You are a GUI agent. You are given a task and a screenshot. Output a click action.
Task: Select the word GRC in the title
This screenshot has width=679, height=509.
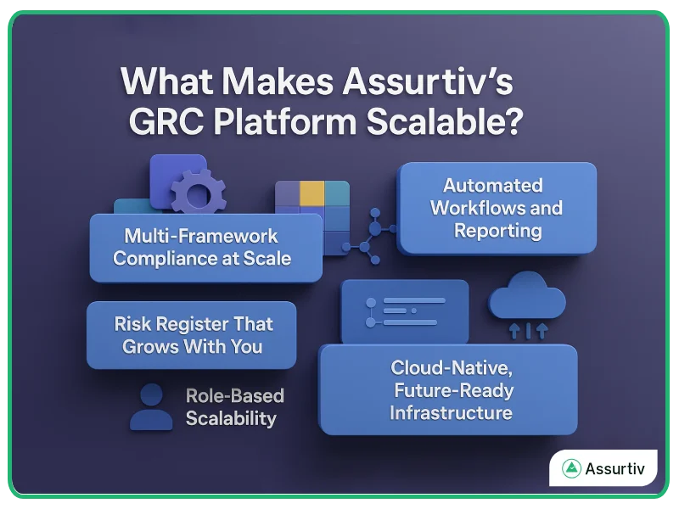166,124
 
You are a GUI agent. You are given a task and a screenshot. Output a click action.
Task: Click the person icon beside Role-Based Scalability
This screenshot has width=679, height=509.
151,407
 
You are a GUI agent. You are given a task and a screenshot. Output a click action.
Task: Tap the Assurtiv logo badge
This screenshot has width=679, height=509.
603,467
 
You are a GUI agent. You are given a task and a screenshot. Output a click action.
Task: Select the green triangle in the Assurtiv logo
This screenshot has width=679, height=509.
572,467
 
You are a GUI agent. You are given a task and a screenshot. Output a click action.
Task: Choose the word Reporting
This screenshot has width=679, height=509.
497,230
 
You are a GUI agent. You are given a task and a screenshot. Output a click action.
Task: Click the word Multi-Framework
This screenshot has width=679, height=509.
201,235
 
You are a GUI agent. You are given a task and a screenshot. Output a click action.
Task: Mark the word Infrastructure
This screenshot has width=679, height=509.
451,413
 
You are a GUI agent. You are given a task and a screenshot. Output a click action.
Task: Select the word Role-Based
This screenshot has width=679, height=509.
234,396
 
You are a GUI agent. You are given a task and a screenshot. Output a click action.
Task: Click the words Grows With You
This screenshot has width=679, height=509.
192,346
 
